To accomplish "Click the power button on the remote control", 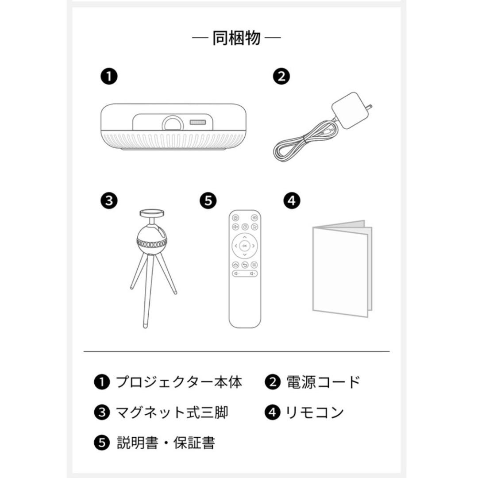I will point(235,218).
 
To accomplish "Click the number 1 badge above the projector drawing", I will point(108,77).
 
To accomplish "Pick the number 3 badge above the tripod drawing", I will point(108,200).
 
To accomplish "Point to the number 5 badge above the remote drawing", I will point(208,200).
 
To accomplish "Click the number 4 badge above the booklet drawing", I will point(291,200).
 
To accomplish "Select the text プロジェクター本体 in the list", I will point(179,382).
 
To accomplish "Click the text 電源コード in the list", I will point(323,382).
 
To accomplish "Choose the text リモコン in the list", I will point(315,412).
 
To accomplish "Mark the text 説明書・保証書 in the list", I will point(166,443).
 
